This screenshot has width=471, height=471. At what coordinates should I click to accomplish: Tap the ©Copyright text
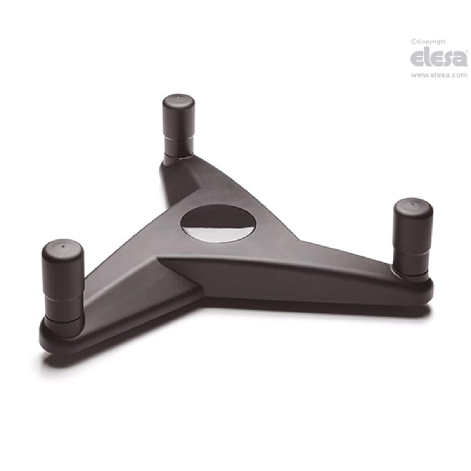click(x=428, y=42)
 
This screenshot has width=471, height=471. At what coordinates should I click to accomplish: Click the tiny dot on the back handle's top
click(x=178, y=99)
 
